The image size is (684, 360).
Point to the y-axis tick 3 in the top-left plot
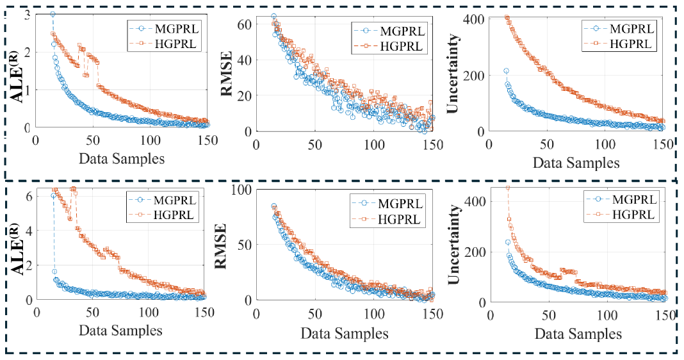(27, 15)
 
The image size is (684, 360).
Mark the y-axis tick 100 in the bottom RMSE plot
(243, 190)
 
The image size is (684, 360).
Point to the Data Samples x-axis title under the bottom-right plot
(578, 334)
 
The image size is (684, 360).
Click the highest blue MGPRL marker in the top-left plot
(53, 14)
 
